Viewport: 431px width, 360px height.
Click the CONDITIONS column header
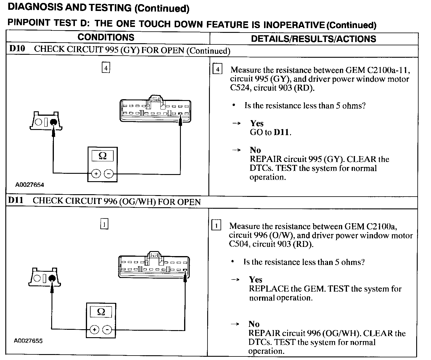(106, 37)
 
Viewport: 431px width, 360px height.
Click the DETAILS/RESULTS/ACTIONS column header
(313, 39)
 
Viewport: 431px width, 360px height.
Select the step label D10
(17, 49)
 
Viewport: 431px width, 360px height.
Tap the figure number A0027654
(30, 185)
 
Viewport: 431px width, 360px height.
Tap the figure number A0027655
(28, 341)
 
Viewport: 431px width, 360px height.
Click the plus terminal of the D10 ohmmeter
(96, 173)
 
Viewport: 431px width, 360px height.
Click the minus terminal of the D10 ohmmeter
(109, 173)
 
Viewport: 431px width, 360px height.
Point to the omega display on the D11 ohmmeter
(101, 312)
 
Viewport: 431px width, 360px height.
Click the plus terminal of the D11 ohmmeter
(94, 330)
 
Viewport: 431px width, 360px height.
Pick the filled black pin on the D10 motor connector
(54, 122)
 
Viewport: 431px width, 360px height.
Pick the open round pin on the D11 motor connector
(37, 278)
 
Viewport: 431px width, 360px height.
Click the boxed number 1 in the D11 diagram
(104, 224)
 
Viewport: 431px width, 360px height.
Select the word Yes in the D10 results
(257, 123)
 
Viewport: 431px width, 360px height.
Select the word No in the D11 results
(254, 324)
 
